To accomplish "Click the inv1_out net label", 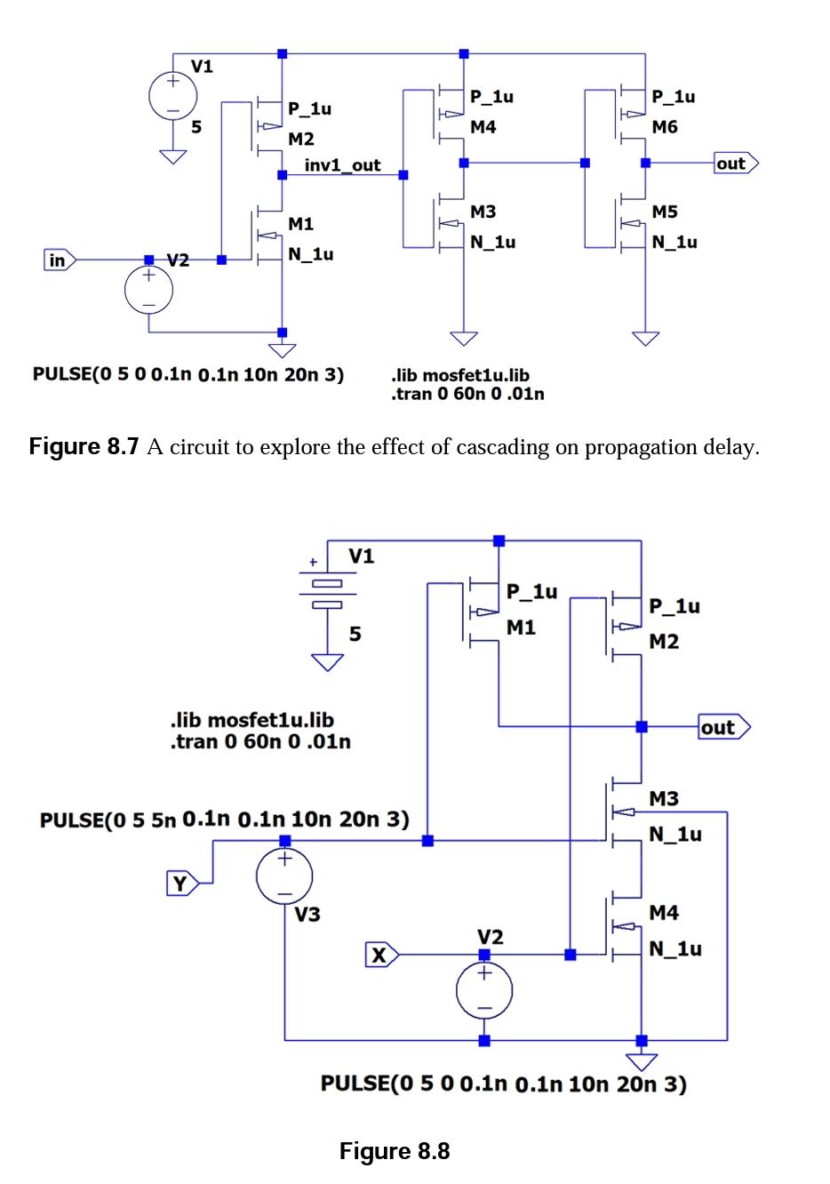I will [342, 165].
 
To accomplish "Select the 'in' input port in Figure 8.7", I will [58, 260].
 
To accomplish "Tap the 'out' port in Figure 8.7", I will [735, 163].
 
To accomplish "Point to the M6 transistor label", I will [664, 127].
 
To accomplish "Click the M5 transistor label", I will [664, 212].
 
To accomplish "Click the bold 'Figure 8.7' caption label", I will [84, 446].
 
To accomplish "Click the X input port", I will [380, 956].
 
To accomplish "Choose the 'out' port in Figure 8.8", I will [722, 727].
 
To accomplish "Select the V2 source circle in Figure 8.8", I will [484, 990].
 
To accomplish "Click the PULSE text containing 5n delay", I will [224, 819].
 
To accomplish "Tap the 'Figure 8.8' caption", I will [395, 1152].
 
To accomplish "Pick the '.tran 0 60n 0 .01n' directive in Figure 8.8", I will [259, 741].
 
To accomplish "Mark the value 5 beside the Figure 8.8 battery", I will [355, 634].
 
